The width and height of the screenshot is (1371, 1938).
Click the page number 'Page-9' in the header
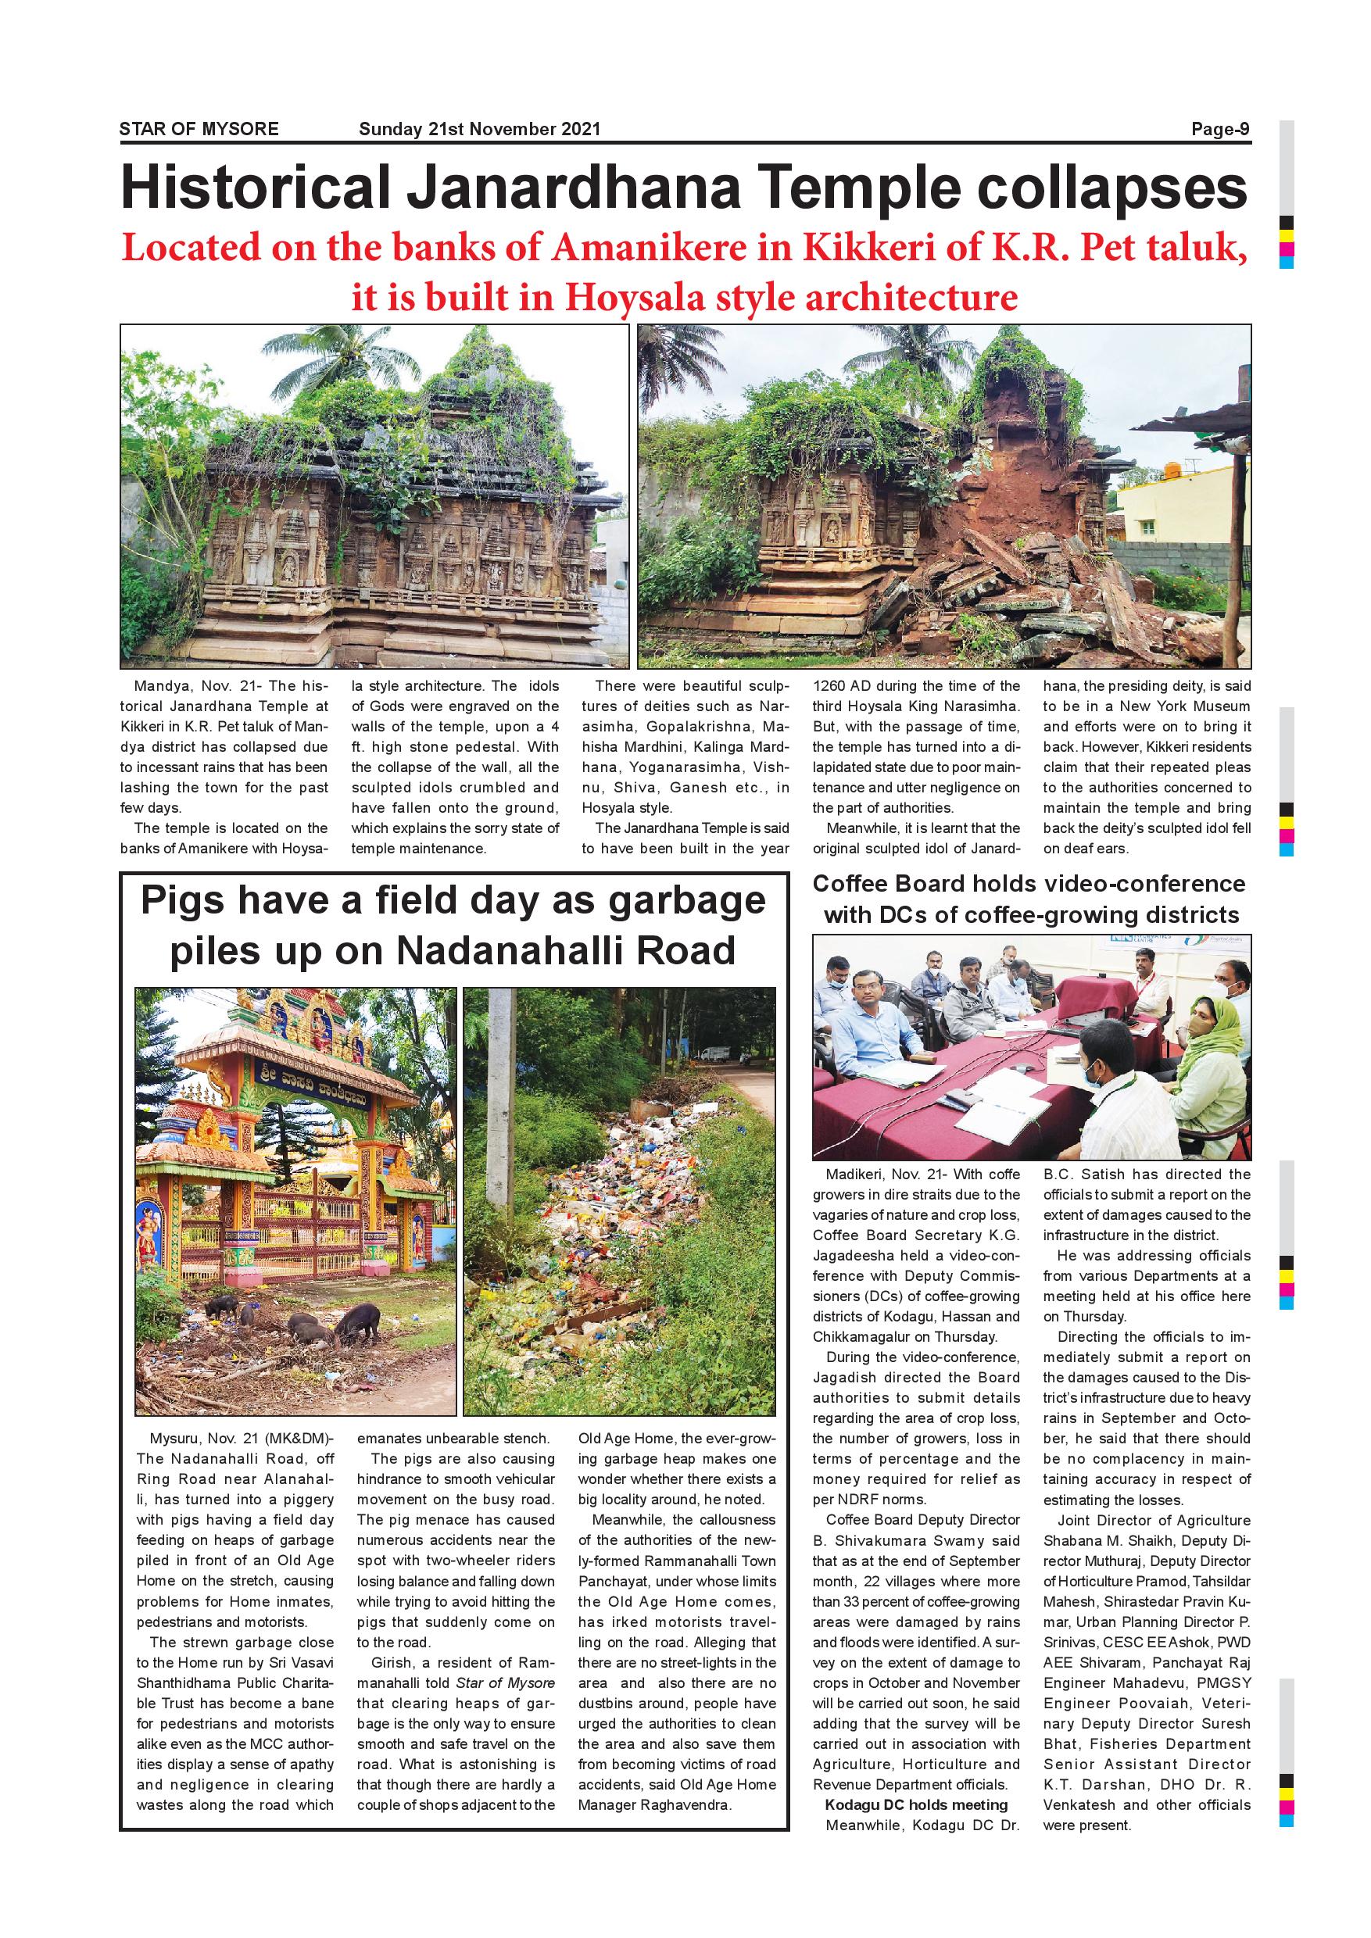tap(1220, 129)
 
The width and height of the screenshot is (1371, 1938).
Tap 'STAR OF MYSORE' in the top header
tap(199, 129)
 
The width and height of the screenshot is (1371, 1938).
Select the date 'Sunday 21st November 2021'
tap(479, 129)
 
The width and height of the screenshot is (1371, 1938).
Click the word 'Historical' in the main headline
tap(256, 188)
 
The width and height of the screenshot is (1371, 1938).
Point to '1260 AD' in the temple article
tap(841, 686)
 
